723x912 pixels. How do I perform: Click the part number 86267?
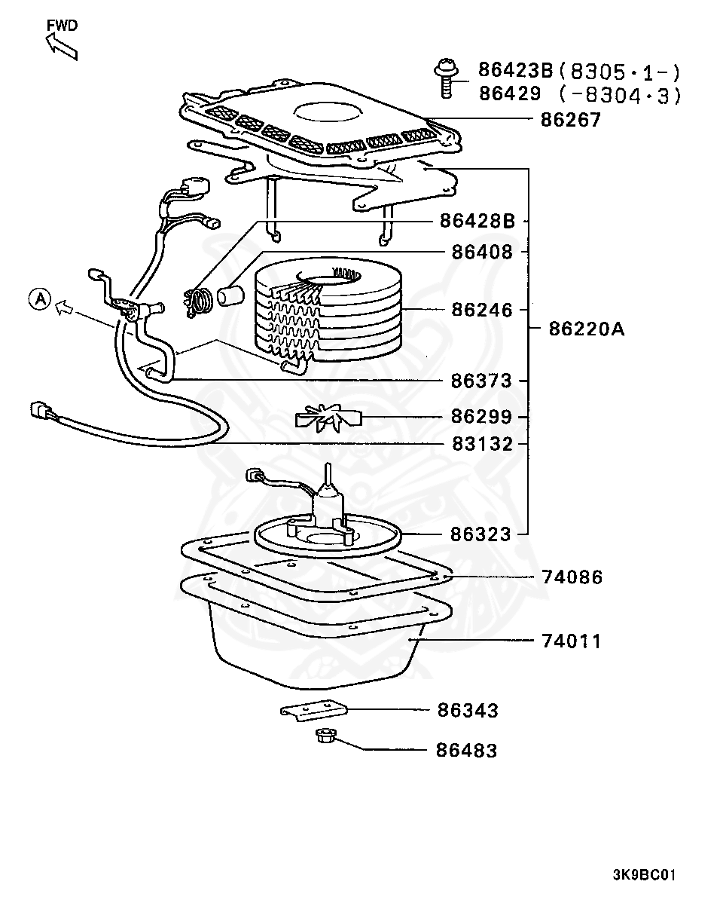tap(570, 120)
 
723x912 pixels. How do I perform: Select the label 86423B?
tap(515, 72)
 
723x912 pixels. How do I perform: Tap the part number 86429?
tap(509, 94)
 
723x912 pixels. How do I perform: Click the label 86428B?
tap(477, 222)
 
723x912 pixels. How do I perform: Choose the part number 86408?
tap(481, 252)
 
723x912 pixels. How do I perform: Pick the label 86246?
tap(481, 310)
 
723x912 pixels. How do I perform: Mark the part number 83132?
tap(481, 444)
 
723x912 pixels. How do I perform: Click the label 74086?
tap(572, 577)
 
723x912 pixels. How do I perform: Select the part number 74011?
tap(572, 641)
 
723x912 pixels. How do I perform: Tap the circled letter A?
tap(39, 299)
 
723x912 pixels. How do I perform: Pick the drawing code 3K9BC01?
tap(644, 875)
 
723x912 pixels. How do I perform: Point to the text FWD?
tap(62, 25)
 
